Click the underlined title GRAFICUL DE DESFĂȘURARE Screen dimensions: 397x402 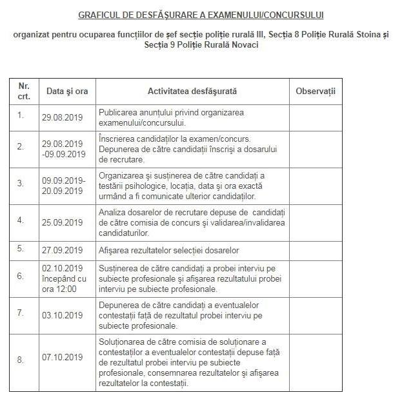(x=201, y=14)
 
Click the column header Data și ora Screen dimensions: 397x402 (x=67, y=92)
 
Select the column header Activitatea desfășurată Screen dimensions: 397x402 (x=192, y=92)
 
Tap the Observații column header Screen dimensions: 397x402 (x=316, y=92)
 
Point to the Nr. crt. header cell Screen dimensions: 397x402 (x=24, y=91)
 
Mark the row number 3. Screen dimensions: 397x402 (x=21, y=183)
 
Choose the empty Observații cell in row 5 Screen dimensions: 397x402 (x=316, y=251)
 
